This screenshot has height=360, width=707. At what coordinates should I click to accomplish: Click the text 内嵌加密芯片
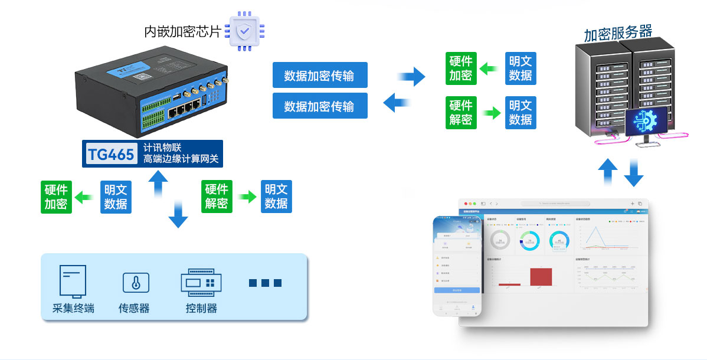pyautogui.click(x=182, y=32)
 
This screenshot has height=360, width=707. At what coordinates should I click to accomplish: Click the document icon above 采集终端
pyautogui.click(x=73, y=282)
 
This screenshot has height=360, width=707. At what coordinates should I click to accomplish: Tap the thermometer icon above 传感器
pyautogui.click(x=136, y=283)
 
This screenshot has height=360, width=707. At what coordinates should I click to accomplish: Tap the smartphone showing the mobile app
pyautogui.click(x=457, y=265)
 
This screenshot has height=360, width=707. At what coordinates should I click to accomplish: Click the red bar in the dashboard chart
pyautogui.click(x=541, y=276)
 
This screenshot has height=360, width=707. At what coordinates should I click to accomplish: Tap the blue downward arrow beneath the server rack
pyautogui.click(x=634, y=172)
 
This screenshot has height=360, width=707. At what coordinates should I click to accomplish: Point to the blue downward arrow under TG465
pyautogui.click(x=178, y=214)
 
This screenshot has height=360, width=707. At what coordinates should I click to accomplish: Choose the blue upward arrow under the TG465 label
pyautogui.click(x=158, y=184)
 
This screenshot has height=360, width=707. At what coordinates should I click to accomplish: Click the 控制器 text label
pyautogui.click(x=201, y=308)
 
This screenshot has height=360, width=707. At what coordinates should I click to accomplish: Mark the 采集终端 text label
pyautogui.click(x=73, y=308)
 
